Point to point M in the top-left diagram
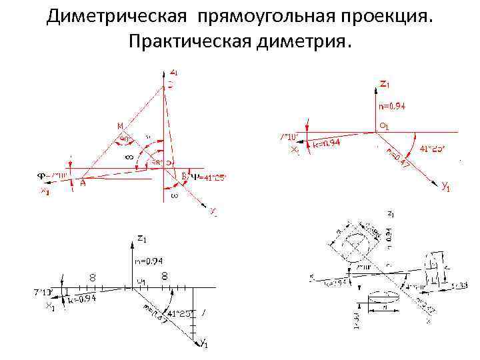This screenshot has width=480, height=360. click(120, 125)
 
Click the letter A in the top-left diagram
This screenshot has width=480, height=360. click(83, 184)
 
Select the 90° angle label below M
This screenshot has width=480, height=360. click(125, 139)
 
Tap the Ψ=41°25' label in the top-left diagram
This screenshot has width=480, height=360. click(209, 177)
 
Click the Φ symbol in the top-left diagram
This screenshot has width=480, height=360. click(41, 176)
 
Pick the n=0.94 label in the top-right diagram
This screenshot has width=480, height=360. click(392, 105)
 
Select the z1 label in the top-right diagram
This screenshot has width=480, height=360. click(385, 84)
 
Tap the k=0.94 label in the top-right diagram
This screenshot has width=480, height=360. click(327, 143)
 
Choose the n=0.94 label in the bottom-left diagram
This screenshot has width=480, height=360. click(149, 261)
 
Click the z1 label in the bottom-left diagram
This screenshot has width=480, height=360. click(141, 238)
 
